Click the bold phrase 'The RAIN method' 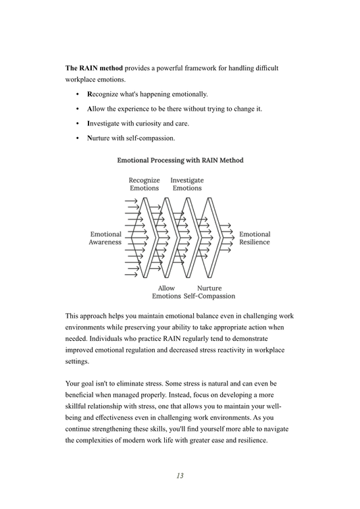(x=94, y=68)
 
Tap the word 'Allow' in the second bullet (x=98, y=109)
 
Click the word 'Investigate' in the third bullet (x=105, y=124)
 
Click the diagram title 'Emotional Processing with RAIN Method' (x=180, y=161)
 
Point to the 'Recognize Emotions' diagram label (x=145, y=184)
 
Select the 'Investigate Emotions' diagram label (x=187, y=184)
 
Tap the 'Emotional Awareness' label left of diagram (x=105, y=238)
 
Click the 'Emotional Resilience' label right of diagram (x=255, y=238)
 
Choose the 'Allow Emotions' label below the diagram (x=166, y=292)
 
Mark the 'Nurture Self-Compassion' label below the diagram (x=209, y=292)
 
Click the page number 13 (x=180, y=475)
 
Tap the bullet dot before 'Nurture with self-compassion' (x=78, y=138)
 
